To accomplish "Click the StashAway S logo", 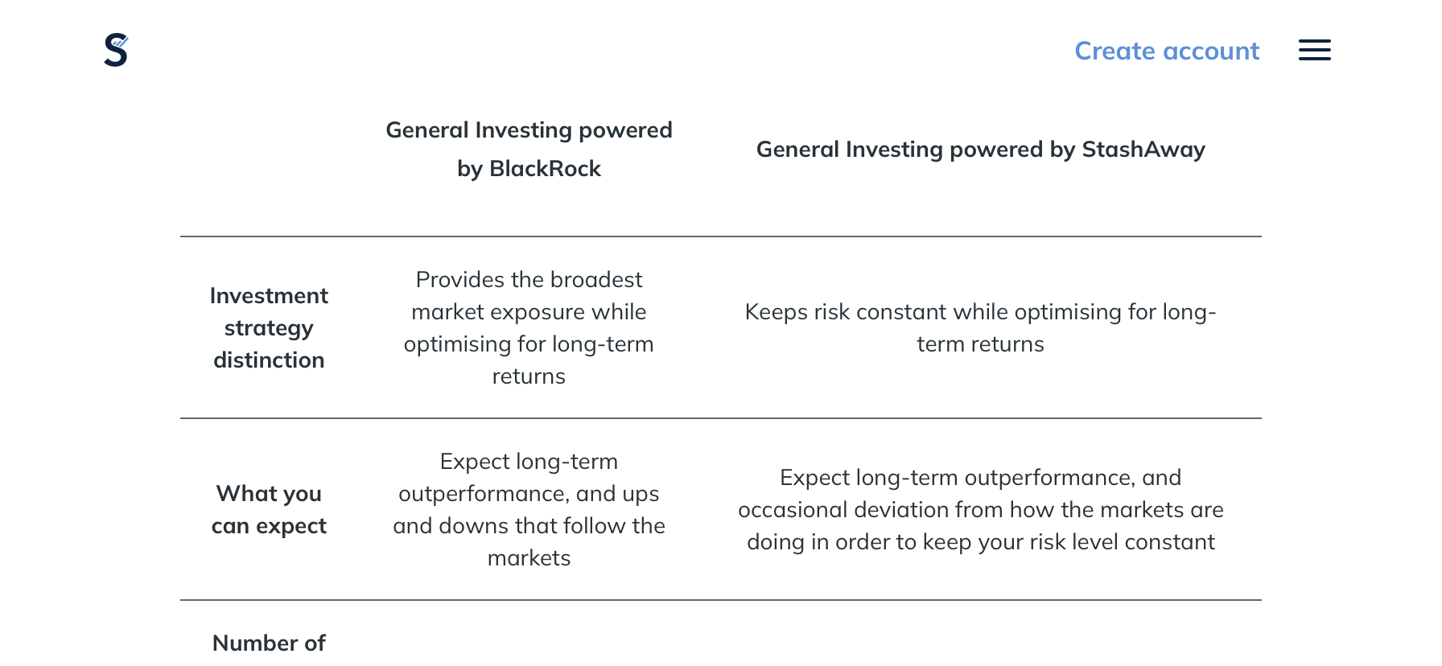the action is click(116, 50).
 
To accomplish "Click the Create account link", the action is click(1167, 51).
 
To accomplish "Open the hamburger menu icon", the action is click(1315, 50).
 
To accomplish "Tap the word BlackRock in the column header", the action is click(545, 168).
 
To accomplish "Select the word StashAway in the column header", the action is click(1143, 149).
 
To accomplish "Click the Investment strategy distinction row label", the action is click(269, 328).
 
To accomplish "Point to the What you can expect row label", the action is click(269, 509).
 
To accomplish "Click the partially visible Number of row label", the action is click(269, 643).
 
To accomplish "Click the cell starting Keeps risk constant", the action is click(980, 327).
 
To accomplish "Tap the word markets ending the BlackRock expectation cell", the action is click(529, 557).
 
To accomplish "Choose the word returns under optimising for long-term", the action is click(529, 376).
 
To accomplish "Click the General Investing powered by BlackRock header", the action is click(529, 149).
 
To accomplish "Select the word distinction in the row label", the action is click(269, 360).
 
